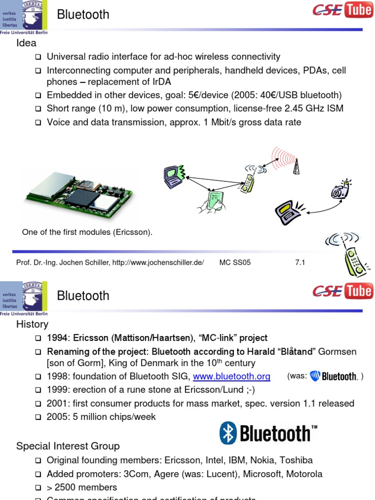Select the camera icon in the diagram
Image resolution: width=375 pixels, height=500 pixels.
click(x=340, y=189)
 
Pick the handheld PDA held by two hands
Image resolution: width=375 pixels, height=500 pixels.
click(x=213, y=201)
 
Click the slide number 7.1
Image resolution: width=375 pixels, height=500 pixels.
click(x=300, y=262)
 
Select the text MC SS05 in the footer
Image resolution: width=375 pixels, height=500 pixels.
click(x=235, y=262)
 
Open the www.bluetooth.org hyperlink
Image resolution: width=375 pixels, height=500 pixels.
click(x=231, y=376)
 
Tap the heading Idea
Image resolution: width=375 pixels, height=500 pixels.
click(x=26, y=43)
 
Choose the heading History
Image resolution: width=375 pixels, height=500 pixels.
click(x=32, y=324)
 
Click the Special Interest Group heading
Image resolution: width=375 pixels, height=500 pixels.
click(x=68, y=446)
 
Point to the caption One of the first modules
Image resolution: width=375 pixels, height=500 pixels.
click(x=87, y=232)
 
